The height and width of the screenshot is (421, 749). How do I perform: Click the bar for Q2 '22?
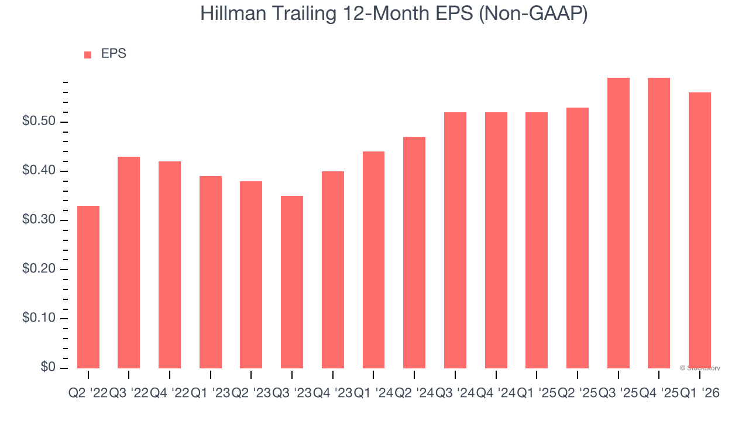coord(88,287)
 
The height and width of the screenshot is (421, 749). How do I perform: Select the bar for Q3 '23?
coord(292,282)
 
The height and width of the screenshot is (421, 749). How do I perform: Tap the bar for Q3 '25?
coord(619,223)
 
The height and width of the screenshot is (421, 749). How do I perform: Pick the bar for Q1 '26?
coord(700,230)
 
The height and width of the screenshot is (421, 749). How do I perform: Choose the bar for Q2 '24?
coord(414,252)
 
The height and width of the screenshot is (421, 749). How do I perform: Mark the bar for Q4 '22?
coord(170,264)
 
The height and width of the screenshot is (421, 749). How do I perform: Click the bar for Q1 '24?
coord(373,260)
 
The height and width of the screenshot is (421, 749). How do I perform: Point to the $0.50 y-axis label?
coord(39,122)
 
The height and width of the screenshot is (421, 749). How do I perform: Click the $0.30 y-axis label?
coord(39,220)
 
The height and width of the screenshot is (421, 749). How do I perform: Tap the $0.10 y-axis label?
coord(39,319)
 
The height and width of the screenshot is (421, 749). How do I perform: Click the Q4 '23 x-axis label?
coord(332,394)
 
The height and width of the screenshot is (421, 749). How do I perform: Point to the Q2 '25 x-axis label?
coord(577,394)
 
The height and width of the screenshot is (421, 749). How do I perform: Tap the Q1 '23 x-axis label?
coord(210,394)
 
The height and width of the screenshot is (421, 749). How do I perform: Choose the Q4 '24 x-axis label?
coord(496,394)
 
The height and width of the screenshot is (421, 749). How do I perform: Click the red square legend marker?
coord(88,55)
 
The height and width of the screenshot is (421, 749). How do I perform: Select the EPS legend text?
coord(114,54)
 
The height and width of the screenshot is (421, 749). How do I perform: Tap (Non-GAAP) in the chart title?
coord(533,14)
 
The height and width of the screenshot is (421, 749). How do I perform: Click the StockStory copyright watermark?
coord(700,368)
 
